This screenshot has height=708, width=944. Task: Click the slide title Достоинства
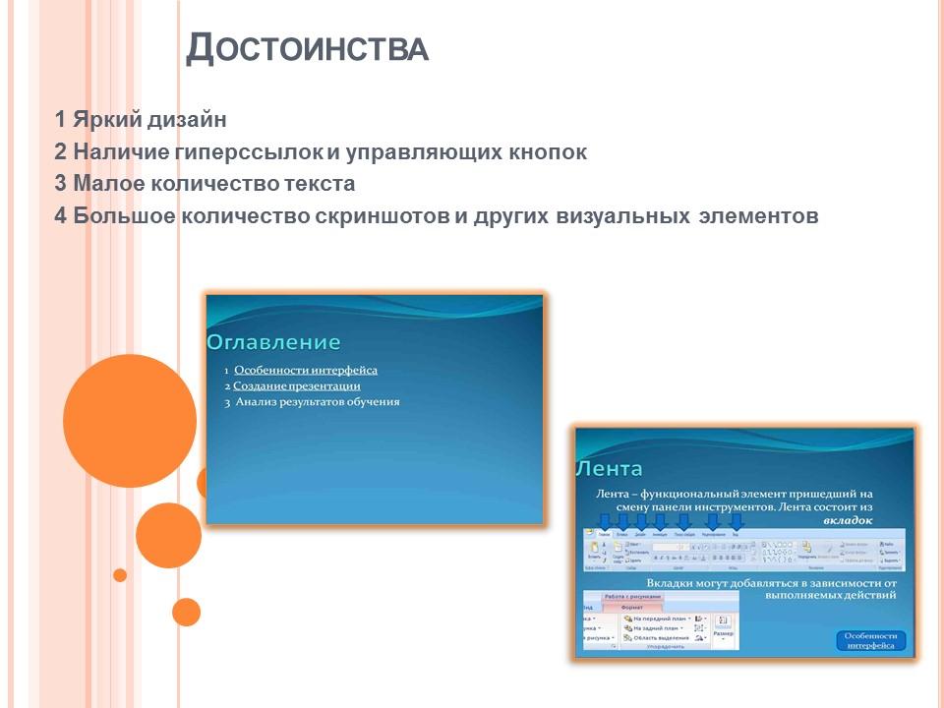click(307, 48)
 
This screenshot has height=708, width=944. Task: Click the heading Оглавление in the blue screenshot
click(273, 342)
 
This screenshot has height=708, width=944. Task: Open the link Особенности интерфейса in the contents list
click(306, 371)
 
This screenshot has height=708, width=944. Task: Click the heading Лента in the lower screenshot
click(610, 469)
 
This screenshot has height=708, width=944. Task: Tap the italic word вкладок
click(847, 520)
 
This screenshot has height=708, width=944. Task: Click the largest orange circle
click(129, 421)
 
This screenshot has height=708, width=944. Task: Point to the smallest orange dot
click(120, 575)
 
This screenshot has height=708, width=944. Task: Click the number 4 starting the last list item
click(61, 216)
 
